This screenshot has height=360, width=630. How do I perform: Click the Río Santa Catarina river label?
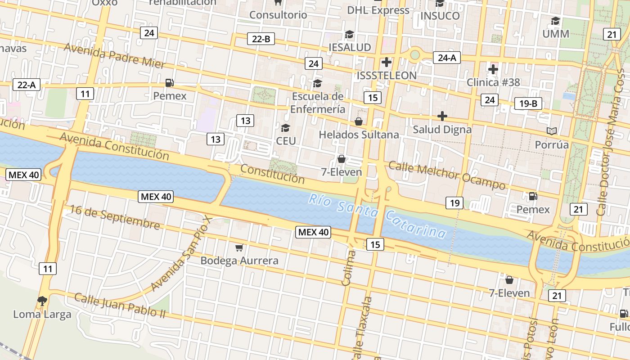[377, 215]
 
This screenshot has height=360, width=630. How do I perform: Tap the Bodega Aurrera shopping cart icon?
[239, 247]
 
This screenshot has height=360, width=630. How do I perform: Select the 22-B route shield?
[261, 39]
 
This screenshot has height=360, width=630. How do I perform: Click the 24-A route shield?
[447, 57]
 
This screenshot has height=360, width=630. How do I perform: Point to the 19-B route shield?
[528, 103]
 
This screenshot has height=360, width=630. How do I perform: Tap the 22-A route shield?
[27, 85]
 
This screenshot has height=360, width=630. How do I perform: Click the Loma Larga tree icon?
[42, 301]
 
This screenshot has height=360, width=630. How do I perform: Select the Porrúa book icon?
[552, 131]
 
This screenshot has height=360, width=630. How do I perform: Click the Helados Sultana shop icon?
[359, 121]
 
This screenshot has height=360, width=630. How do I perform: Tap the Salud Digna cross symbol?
[442, 116]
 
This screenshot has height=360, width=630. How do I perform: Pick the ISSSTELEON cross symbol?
[386, 62]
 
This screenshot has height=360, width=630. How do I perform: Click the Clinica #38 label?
[493, 82]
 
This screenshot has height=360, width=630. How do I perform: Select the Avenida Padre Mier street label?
[114, 56]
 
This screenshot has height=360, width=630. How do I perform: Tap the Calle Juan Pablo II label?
[120, 305]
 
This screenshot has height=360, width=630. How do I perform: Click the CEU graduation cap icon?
[285, 128]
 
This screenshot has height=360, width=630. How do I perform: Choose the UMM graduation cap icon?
[556, 21]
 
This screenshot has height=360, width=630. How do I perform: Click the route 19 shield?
[454, 203]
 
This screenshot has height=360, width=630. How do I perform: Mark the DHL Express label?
[378, 10]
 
